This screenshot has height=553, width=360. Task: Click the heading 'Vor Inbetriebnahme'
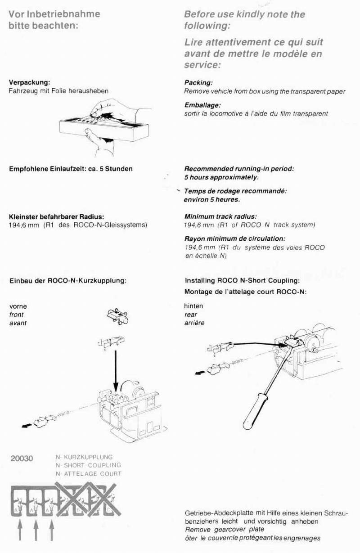pyautogui.click(x=54, y=14)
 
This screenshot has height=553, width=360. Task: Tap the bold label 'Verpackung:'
pyautogui.click(x=29, y=82)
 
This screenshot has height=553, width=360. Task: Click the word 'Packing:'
pyautogui.click(x=198, y=83)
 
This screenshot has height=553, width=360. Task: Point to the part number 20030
pyautogui.click(x=21, y=459)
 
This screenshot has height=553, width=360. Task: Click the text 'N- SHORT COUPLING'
pyautogui.click(x=88, y=465)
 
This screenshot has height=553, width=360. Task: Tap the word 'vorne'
pyautogui.click(x=18, y=306)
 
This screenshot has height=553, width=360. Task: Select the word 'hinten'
pyautogui.click(x=193, y=306)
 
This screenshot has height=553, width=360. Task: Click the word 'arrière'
pyautogui.click(x=194, y=323)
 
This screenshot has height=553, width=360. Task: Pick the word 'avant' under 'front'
pyautogui.click(x=18, y=323)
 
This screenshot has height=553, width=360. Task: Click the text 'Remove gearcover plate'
pyautogui.click(x=218, y=530)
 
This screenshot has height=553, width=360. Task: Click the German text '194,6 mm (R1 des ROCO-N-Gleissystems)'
pyautogui.click(x=78, y=225)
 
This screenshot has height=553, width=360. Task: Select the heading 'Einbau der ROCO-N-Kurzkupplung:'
pyautogui.click(x=68, y=280)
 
